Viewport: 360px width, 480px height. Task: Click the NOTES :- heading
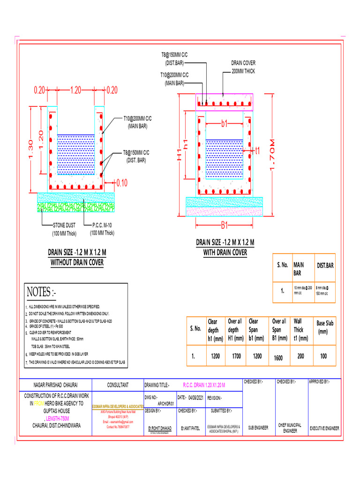click(x=41, y=293)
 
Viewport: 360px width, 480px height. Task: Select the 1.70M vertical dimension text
click(x=274, y=155)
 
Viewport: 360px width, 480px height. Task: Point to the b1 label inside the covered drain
click(x=224, y=124)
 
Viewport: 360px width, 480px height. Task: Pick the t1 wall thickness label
click(x=257, y=150)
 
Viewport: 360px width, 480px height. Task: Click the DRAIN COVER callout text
click(x=243, y=63)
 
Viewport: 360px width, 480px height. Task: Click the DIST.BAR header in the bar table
click(x=325, y=265)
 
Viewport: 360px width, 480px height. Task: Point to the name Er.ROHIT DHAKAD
click(x=159, y=428)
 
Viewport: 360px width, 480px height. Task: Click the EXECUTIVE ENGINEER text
click(x=325, y=428)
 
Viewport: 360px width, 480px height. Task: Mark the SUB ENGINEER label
click(x=258, y=428)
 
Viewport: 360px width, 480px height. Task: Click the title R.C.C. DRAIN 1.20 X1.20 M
click(x=204, y=385)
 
